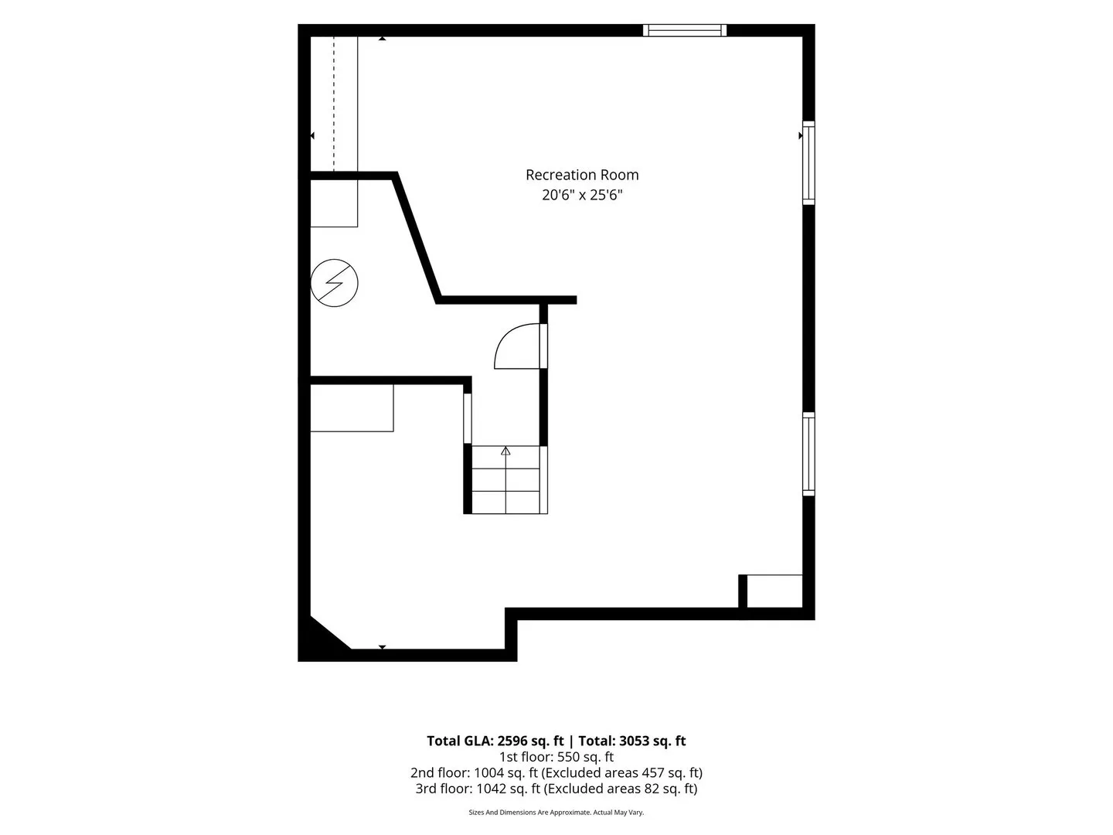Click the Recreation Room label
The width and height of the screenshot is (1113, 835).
click(581, 175)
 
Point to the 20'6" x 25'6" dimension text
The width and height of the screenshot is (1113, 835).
click(581, 195)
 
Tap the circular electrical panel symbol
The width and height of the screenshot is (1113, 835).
click(334, 283)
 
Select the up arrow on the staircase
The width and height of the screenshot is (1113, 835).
click(505, 451)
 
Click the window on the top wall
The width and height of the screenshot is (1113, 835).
click(685, 30)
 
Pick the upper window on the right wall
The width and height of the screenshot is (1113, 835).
click(808, 162)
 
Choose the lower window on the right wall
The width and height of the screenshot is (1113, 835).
click(808, 454)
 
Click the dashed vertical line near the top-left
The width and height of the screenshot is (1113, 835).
click(334, 104)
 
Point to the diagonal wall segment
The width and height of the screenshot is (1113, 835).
click(417, 238)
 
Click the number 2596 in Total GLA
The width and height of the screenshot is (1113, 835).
click(513, 741)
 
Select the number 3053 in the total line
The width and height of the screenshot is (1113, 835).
click(635, 741)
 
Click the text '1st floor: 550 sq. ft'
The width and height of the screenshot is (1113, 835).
click(556, 757)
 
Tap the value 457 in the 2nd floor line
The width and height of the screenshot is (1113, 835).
click(652, 772)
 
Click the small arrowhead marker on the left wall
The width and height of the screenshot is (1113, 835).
click(312, 135)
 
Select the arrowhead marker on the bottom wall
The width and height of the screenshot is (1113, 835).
click(383, 647)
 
